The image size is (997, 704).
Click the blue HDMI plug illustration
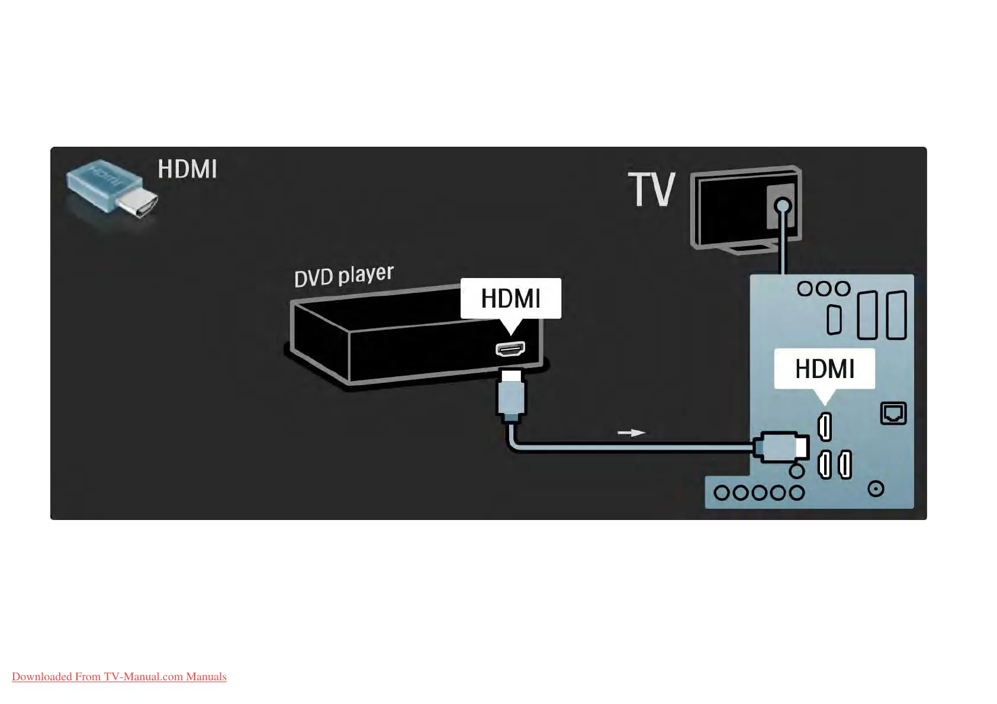111,188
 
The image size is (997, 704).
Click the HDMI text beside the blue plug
187,169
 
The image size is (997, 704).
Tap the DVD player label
343,276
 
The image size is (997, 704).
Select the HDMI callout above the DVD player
510,299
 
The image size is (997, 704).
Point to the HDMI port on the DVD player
510,349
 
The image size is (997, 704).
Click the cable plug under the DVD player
511,395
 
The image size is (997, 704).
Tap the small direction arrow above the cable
631,433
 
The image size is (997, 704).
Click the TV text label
651,190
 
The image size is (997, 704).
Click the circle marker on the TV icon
783,206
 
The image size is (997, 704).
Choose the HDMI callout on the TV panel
824,369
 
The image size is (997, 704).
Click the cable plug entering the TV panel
781,447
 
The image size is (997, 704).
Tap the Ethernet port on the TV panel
893,413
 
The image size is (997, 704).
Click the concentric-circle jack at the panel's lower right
876,489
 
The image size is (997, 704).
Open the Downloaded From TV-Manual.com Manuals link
119,677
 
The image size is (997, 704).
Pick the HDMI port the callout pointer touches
824,427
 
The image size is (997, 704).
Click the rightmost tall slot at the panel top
896,315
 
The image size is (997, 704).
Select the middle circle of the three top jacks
824,289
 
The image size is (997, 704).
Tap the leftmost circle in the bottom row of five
722,493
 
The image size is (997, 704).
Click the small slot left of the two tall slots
834,320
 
